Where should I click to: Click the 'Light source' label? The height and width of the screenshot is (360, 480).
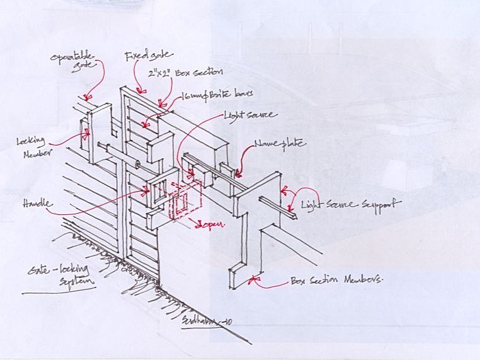250,115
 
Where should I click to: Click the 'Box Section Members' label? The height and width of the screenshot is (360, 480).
336,281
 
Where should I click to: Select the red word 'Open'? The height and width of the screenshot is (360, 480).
212,225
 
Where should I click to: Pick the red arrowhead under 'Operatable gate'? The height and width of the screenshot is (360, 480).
88,98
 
